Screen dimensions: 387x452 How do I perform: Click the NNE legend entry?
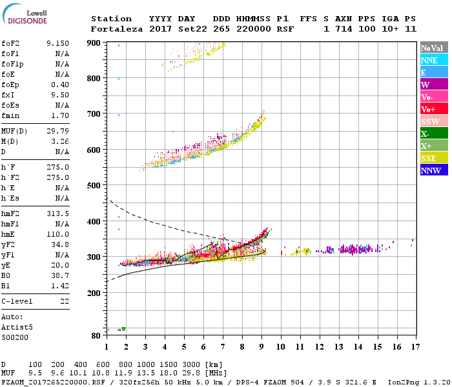click(x=429, y=60)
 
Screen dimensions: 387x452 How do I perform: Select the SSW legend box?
click(x=430, y=121)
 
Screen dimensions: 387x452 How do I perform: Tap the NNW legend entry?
click(x=431, y=170)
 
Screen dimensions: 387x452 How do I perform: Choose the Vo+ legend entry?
click(x=429, y=109)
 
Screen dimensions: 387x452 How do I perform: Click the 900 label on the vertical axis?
click(x=95, y=43)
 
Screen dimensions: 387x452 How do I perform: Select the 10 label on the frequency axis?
click(x=281, y=346)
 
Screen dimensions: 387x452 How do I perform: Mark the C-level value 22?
click(x=64, y=301)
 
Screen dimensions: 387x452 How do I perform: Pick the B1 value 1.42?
click(x=60, y=285)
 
